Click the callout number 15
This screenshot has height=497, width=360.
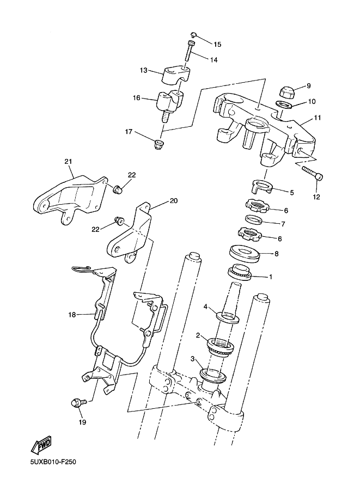pos(217,45)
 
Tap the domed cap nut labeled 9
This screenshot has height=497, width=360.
pos(288,92)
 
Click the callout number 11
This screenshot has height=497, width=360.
pos(317,118)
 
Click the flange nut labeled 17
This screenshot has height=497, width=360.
pos(159,145)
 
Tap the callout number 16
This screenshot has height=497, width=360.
pos(136,98)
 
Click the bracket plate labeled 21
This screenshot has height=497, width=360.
pos(69,200)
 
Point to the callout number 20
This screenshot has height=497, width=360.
pos(174,201)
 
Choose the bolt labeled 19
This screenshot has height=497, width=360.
pos(79,403)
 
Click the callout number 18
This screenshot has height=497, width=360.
pos(72,315)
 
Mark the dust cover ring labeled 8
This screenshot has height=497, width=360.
pos(245,254)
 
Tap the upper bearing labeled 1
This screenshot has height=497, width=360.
pos(240,272)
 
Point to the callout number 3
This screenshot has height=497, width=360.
pos(192,359)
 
